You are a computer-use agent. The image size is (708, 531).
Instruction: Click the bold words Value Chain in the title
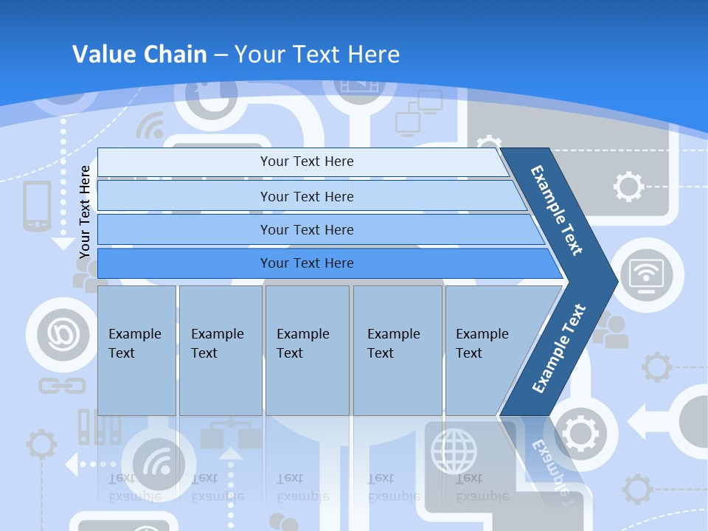tap(139, 55)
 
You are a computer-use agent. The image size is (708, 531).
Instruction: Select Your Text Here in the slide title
tap(317, 55)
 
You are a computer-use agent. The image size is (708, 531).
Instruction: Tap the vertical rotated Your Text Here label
tap(85, 212)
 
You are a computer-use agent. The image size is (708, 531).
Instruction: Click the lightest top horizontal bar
tap(306, 162)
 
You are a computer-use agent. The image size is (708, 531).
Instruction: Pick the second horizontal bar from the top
tap(306, 196)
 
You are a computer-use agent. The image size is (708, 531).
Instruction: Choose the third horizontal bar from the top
tap(306, 229)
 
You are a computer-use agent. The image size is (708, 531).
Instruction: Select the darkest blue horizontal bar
tap(306, 263)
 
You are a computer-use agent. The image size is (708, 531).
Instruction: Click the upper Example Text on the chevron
tap(558, 209)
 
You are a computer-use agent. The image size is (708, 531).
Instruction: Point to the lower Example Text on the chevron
tap(558, 349)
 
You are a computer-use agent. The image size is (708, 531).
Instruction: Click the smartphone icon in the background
tap(37, 206)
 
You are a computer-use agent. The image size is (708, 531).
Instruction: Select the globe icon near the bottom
tap(454, 451)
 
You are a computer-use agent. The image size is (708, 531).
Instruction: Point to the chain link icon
tap(52, 385)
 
